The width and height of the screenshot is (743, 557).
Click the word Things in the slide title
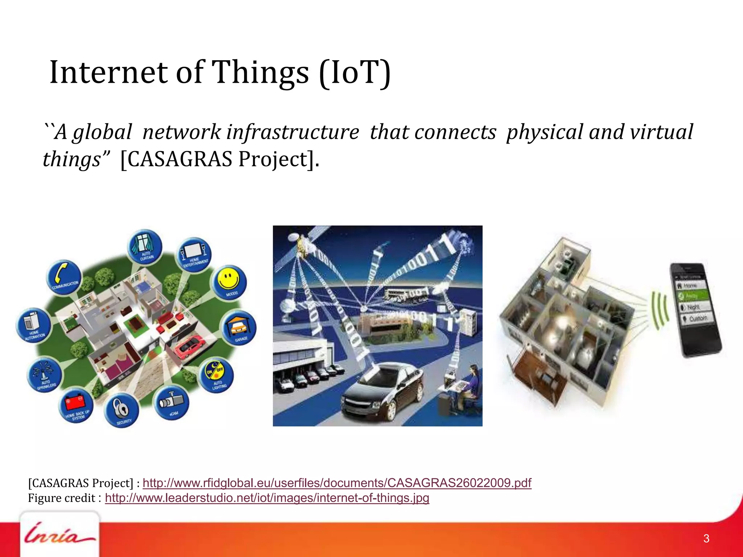pos(260,73)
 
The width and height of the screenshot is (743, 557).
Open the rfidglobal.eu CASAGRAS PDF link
pos(337,483)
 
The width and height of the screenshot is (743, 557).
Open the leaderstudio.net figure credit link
pos(267,498)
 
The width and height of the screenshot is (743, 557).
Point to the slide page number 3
pos(706,539)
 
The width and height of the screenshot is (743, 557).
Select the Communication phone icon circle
pos(64,277)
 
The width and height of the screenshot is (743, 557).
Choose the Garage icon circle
pos(239,328)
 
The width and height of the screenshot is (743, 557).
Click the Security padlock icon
pos(121,410)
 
